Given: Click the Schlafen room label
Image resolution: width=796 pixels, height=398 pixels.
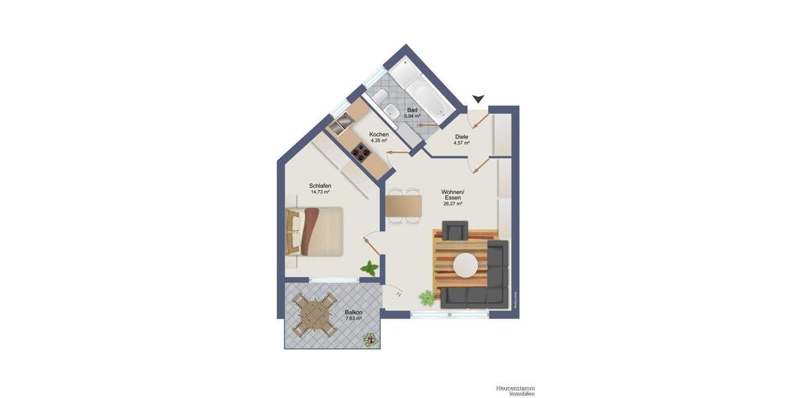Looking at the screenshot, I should [x=320, y=186].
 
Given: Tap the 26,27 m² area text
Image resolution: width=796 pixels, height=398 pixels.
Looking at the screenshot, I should [x=453, y=204].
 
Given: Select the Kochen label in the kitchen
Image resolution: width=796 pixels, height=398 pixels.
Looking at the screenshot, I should [x=379, y=135].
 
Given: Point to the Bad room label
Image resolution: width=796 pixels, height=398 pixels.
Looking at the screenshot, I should [x=412, y=110].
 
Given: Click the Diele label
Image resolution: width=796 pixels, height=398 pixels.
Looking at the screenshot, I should [x=462, y=137].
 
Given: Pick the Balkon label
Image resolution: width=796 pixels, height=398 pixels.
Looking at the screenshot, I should [x=354, y=312].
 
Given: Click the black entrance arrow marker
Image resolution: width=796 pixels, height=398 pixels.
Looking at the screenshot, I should [x=478, y=99].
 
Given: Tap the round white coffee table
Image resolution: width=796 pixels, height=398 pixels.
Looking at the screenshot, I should [x=465, y=265].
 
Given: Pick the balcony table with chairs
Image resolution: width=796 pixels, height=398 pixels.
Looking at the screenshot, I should [x=314, y=314].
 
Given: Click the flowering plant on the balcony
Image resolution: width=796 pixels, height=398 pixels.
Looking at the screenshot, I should [x=369, y=340].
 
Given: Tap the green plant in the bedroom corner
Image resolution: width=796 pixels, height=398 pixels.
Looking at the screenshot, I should [x=369, y=268].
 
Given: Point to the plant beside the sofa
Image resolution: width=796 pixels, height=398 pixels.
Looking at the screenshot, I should [x=428, y=299].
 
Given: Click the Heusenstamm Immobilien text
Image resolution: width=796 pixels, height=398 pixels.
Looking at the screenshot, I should [x=515, y=391].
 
